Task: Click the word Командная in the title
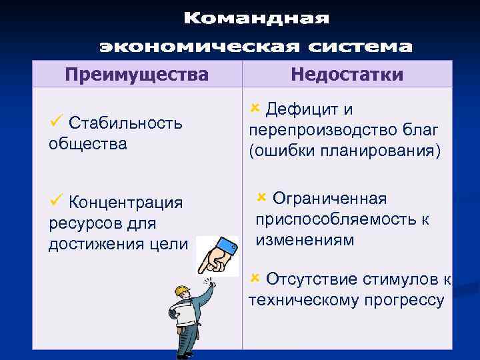coord(257,19)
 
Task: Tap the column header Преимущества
coord(137,74)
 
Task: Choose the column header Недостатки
coord(347,74)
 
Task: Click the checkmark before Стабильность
coord(56,122)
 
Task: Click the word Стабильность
coord(125,124)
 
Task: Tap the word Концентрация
coord(126,202)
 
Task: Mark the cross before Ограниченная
coord(261,197)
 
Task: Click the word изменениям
coord(305,239)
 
